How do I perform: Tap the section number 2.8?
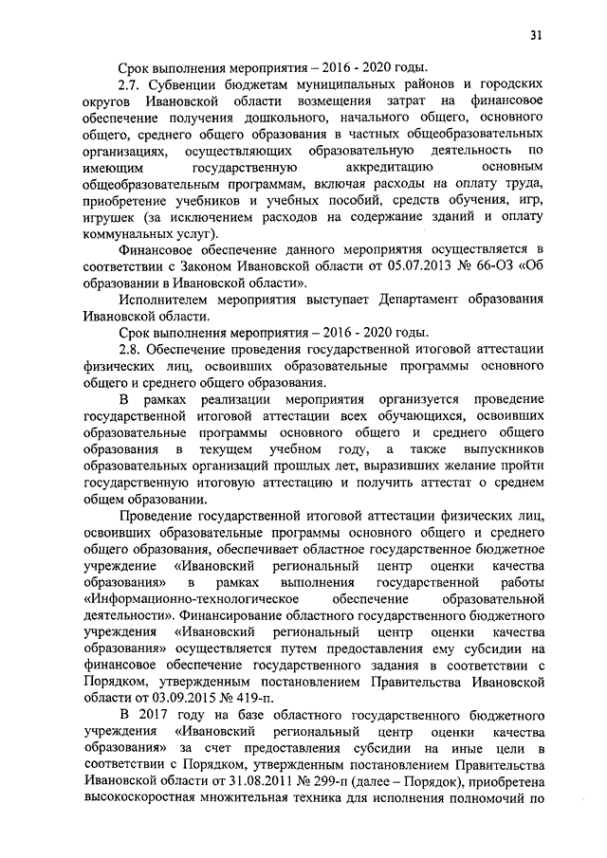[x=132, y=350]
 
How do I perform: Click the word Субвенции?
[x=188, y=83]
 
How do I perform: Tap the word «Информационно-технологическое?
[x=193, y=601]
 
